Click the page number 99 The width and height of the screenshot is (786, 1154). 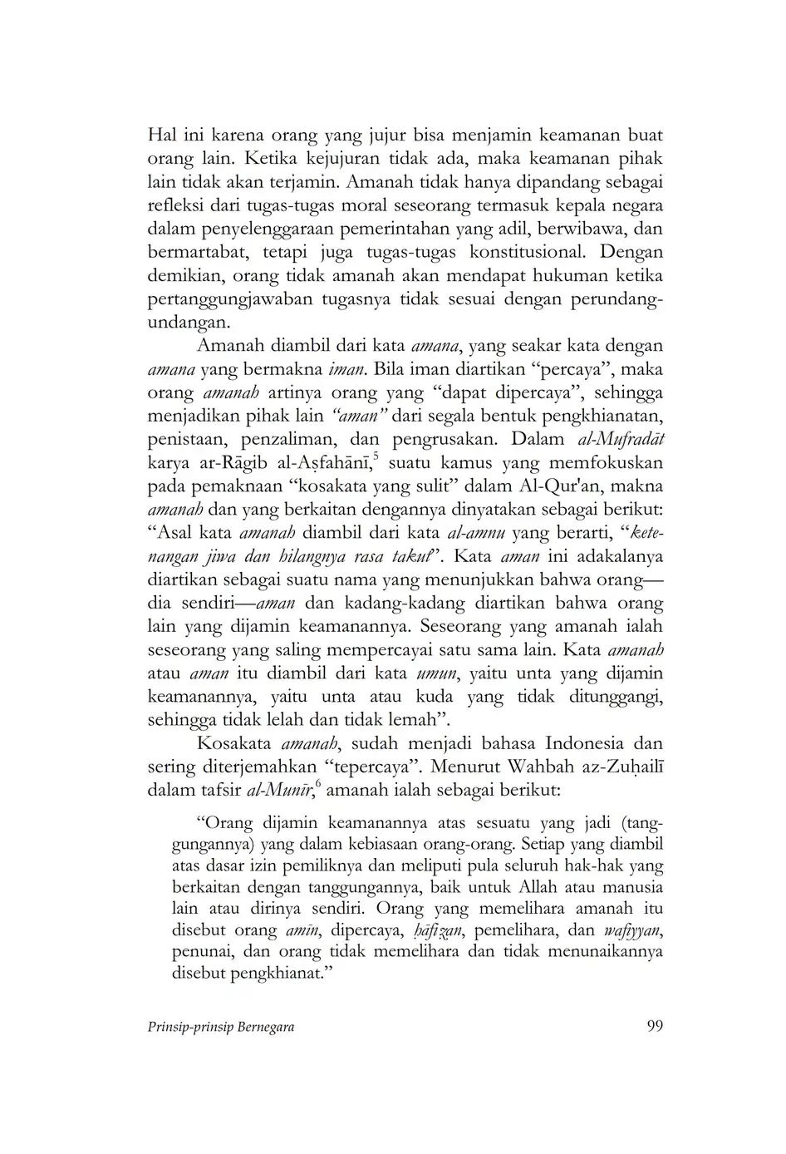654,1026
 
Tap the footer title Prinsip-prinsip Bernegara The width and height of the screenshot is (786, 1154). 220,1027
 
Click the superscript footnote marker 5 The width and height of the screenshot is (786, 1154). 376,455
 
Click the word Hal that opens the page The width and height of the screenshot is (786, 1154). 164,135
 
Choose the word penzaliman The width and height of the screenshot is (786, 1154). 289,439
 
